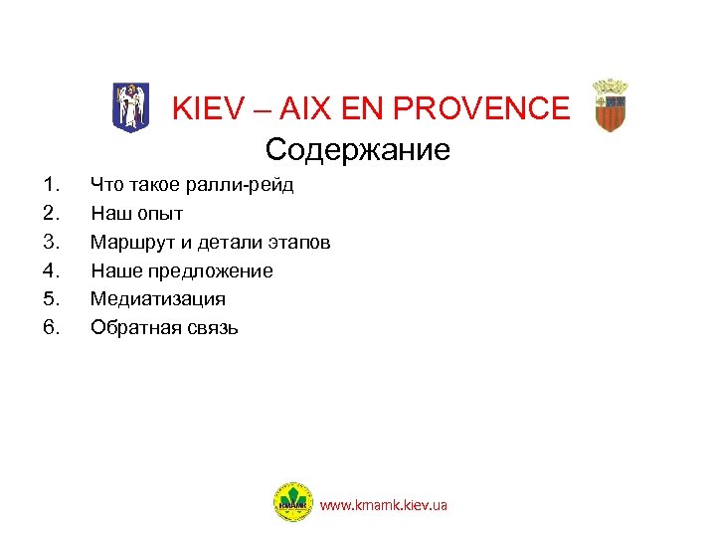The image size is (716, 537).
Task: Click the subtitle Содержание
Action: [x=358, y=150]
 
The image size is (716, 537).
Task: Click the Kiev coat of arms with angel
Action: [x=127, y=105]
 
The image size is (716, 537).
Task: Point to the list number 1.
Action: [x=51, y=185]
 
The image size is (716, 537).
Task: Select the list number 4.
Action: [x=51, y=270]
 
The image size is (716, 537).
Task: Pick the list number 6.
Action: [x=51, y=327]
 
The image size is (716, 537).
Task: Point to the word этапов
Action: [x=300, y=242]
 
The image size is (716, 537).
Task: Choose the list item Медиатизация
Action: [x=157, y=298]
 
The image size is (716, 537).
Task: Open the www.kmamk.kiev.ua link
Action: [x=383, y=505]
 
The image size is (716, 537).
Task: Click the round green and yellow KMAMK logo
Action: [x=292, y=502]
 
